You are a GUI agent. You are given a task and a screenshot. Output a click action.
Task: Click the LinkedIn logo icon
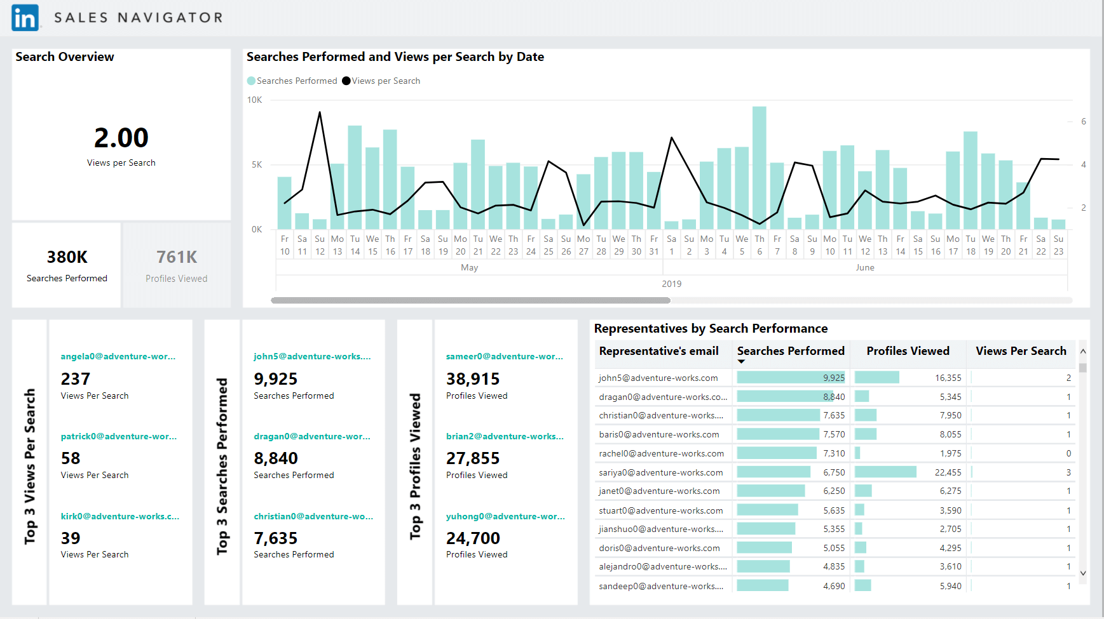[x=25, y=18]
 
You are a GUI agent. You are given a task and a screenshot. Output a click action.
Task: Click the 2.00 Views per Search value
[x=121, y=138]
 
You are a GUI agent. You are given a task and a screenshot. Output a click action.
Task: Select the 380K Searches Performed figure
[x=67, y=257]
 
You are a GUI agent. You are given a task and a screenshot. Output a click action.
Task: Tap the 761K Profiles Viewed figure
[x=177, y=257]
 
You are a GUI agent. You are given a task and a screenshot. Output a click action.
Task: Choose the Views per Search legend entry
[x=381, y=81]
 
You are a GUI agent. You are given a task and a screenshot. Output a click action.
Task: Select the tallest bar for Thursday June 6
[x=760, y=168]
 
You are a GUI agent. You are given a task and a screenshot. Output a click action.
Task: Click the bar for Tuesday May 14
[x=355, y=177]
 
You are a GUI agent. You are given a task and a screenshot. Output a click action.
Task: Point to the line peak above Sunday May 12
[x=320, y=112]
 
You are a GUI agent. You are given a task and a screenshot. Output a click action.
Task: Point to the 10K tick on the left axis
[x=254, y=100]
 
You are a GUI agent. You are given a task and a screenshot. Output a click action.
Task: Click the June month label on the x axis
[x=865, y=267]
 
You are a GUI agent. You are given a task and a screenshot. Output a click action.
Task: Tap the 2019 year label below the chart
[x=672, y=284]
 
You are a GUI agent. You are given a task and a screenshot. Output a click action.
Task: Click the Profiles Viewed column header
[x=908, y=351]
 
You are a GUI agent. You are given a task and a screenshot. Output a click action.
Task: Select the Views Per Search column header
[x=1021, y=351]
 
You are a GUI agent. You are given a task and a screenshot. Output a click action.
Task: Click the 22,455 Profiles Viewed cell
[x=948, y=472]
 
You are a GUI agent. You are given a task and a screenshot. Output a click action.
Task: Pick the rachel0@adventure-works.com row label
[x=661, y=453]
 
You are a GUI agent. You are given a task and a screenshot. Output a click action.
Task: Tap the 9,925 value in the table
[x=834, y=378]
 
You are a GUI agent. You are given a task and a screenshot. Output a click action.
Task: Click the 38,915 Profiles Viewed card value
[x=473, y=379]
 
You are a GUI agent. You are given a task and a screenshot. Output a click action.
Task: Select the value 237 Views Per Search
[x=76, y=379]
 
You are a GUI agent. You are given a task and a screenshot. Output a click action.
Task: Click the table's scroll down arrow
[x=1083, y=573]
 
